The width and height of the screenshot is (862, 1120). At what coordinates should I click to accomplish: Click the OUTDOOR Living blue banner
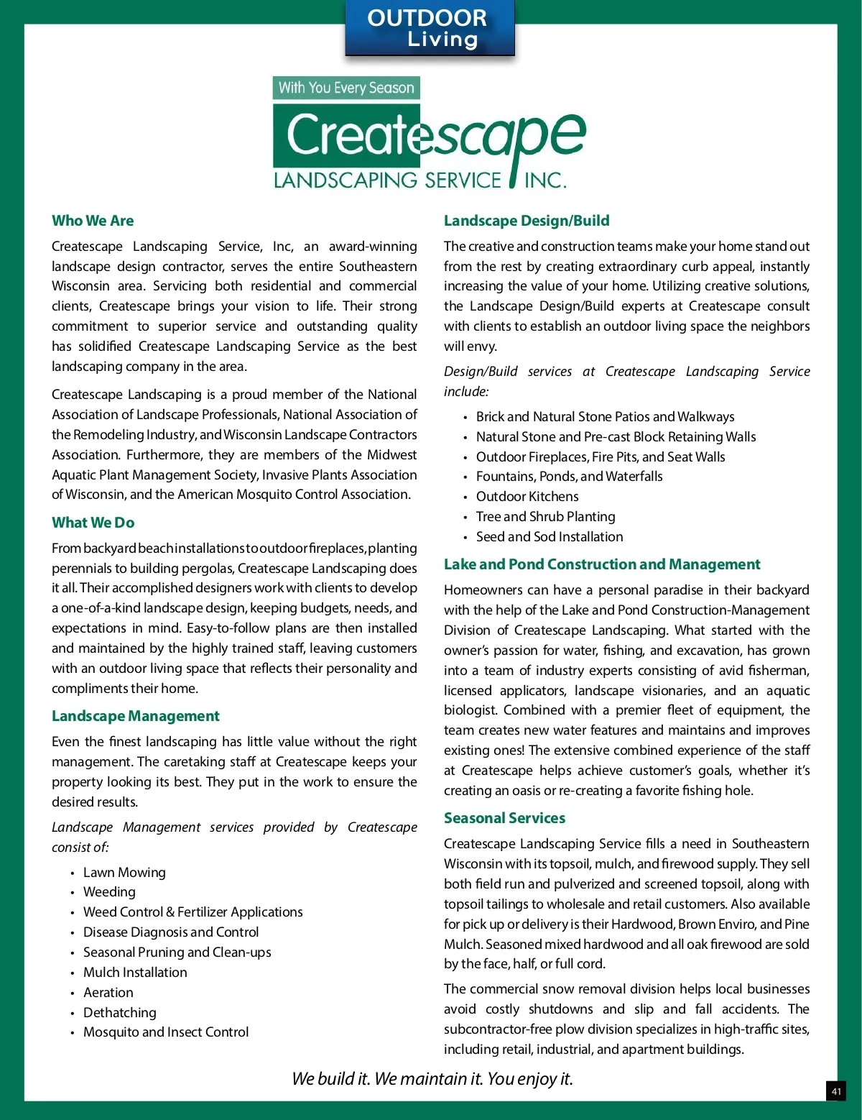coord(429,29)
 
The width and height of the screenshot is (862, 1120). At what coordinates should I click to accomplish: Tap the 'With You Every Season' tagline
coord(346,88)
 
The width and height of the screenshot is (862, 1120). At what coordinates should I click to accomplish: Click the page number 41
coord(836,1091)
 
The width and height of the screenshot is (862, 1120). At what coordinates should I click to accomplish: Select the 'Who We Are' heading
coord(93,221)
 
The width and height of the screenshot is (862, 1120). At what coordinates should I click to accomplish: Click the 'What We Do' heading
coord(93,523)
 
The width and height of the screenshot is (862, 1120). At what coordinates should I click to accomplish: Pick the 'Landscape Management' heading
coord(135,716)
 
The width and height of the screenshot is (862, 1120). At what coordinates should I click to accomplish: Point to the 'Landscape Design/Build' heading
coord(527,221)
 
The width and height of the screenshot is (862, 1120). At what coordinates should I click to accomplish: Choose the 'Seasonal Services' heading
coord(504,818)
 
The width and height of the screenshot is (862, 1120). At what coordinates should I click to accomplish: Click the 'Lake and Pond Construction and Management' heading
coord(602,564)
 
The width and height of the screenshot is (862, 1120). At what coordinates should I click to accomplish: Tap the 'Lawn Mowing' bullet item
coord(124,872)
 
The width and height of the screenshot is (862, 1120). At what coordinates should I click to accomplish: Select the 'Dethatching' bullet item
coord(120,1012)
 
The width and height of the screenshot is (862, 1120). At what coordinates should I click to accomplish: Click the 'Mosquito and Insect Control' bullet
coord(166,1032)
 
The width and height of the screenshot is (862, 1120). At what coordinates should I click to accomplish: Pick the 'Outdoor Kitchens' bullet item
coord(527,497)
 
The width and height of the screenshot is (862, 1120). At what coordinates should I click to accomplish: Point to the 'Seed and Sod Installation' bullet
coord(550,537)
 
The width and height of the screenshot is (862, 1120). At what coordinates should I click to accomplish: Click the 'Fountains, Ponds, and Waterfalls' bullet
coord(569,477)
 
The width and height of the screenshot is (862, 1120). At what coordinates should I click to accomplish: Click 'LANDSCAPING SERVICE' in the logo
coord(387,180)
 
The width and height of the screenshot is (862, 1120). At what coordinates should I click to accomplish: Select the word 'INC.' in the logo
coord(545,180)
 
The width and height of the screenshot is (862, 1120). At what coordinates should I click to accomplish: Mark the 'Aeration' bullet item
coord(108,992)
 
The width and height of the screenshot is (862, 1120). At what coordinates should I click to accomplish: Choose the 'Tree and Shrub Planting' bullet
coord(546,517)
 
